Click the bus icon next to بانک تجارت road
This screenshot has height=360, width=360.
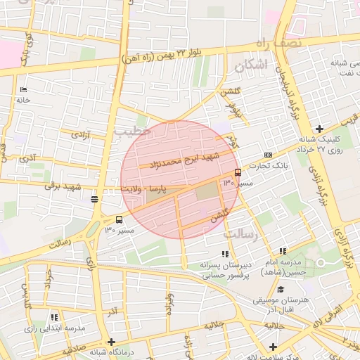click(x=238, y=172)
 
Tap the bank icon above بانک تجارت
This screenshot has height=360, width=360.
click(x=267, y=155)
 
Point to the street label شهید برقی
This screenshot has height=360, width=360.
click(x=63, y=186)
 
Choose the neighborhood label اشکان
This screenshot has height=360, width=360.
click(x=252, y=66)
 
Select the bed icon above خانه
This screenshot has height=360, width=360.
click(x=24, y=90)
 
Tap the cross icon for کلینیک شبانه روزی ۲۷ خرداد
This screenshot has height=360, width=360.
click(x=319, y=129)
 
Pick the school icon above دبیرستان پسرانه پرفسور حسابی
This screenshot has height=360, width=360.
click(x=225, y=254)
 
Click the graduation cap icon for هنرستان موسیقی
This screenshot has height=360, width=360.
click(x=281, y=289)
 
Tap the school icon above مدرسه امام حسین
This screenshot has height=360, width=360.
click(x=283, y=251)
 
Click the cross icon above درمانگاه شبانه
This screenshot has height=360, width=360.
click(x=111, y=342)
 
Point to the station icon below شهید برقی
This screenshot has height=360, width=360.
click(x=94, y=199)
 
